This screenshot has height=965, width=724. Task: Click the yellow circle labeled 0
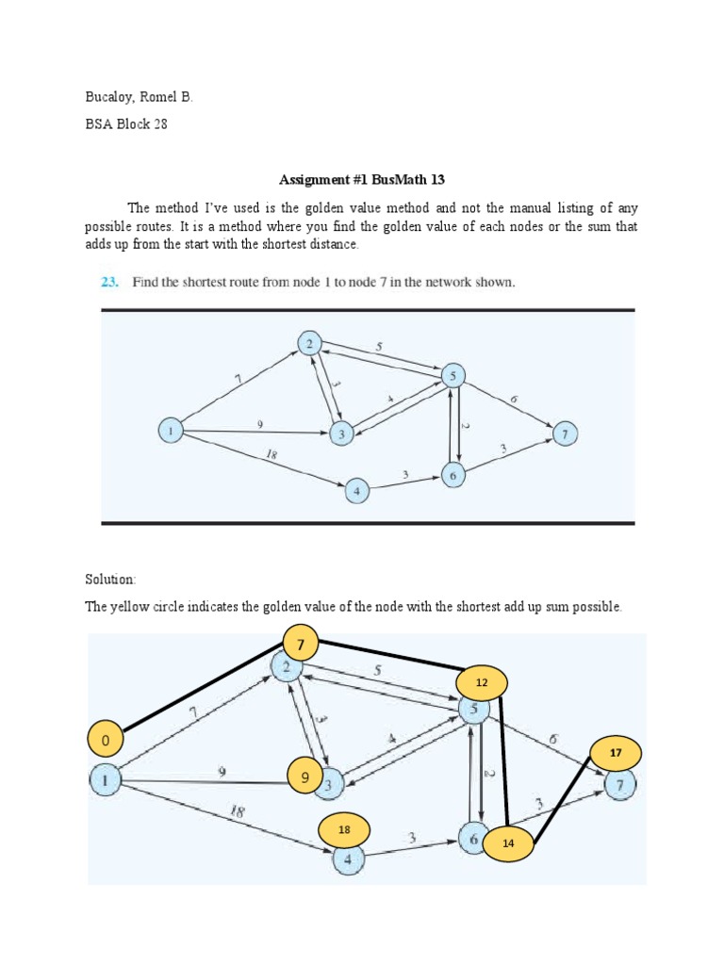pyautogui.click(x=107, y=741)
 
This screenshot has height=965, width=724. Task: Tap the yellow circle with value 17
pyautogui.click(x=616, y=753)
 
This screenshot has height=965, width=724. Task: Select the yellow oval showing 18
pyautogui.click(x=344, y=829)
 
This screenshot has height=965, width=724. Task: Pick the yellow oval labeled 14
pyautogui.click(x=508, y=843)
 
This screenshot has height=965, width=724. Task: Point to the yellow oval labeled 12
pyautogui.click(x=481, y=681)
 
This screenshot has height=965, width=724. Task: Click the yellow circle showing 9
pyautogui.click(x=304, y=778)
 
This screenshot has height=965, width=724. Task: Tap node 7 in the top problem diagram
pyautogui.click(x=565, y=434)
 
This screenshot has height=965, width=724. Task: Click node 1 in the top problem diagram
pyautogui.click(x=171, y=432)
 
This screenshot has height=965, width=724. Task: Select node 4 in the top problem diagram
pyautogui.click(x=356, y=490)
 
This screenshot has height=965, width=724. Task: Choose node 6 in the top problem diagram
pyautogui.click(x=452, y=476)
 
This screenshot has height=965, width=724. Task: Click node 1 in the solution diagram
pyautogui.click(x=106, y=780)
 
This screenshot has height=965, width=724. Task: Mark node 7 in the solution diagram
pyautogui.click(x=619, y=785)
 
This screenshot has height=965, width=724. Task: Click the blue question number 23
pyautogui.click(x=110, y=282)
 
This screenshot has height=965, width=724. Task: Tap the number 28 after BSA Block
pyautogui.click(x=159, y=124)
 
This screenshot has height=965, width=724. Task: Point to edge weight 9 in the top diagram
pyautogui.click(x=259, y=425)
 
